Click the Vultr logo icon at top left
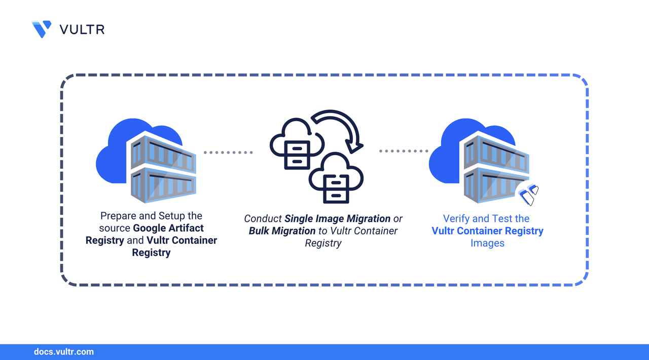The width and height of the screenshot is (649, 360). click(x=42, y=29)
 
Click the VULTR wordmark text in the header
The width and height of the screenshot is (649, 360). click(x=82, y=29)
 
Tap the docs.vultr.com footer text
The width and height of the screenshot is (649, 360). click(x=63, y=351)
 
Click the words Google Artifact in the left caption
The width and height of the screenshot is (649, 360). click(x=168, y=228)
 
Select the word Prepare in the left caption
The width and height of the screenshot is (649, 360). click(x=118, y=216)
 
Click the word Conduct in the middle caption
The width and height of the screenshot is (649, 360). click(x=263, y=219)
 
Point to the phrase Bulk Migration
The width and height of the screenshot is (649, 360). click(x=282, y=231)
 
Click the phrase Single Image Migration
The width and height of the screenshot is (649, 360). click(x=337, y=219)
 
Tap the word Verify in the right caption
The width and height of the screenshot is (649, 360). click(x=457, y=219)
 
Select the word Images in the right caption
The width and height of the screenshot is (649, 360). click(x=487, y=243)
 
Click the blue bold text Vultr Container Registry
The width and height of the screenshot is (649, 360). click(x=487, y=231)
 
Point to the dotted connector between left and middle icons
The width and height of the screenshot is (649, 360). click(x=228, y=152)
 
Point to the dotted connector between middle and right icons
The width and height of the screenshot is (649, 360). click(x=404, y=151)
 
